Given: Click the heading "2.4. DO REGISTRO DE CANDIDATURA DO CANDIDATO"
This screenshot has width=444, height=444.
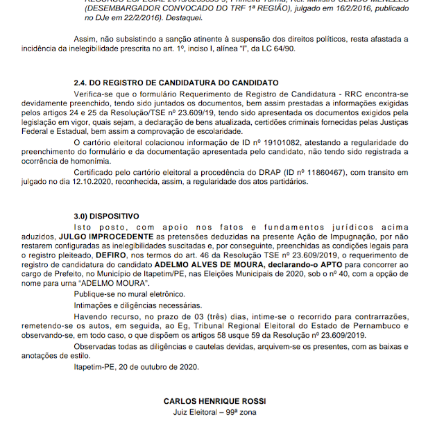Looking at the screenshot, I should point(176,83).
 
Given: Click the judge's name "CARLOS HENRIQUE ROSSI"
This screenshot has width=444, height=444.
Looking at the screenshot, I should point(214,401).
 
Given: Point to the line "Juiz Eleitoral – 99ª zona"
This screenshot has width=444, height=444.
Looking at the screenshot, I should point(214,411).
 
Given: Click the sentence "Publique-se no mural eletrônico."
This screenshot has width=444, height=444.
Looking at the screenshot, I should point(132,294).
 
